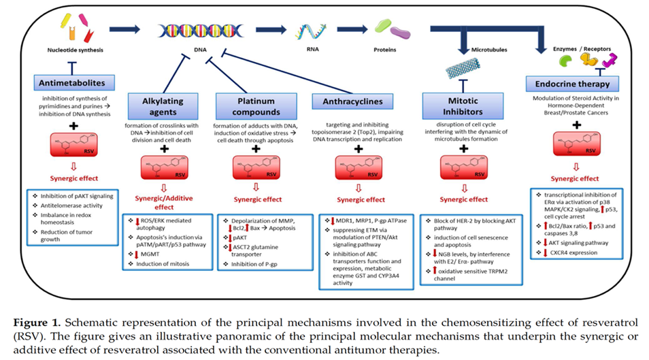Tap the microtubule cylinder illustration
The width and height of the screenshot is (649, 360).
point(463,65)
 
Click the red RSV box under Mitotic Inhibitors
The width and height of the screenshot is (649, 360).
point(464,166)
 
